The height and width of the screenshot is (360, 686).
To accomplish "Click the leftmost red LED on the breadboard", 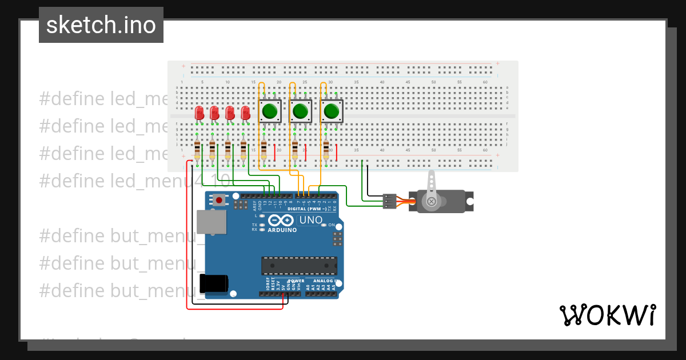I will [199, 113].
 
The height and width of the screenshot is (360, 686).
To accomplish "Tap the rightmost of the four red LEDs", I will [245, 113].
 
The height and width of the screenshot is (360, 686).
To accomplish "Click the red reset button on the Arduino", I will [219, 200].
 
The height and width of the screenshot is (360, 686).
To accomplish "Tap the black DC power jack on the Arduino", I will [214, 283].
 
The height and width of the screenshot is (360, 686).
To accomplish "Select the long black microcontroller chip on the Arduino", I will [299, 265].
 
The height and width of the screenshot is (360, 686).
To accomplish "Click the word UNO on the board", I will [312, 220].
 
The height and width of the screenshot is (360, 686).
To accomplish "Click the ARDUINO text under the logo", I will [282, 230].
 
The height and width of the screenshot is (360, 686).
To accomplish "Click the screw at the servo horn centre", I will [432, 201].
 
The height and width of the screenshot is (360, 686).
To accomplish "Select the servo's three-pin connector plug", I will [389, 201].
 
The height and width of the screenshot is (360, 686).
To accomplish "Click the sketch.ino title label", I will [101, 25].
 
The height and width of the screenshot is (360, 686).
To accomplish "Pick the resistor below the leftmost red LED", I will [197, 150].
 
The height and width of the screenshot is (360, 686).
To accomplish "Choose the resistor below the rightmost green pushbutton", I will [326, 150].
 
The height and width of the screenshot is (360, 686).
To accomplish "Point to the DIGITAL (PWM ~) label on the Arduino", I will [307, 209].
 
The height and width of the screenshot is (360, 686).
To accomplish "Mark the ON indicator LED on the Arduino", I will [324, 225].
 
